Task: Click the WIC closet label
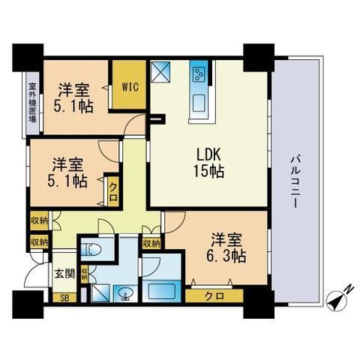pos(130,87)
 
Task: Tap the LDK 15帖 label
pos(208,163)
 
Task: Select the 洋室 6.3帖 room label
pos(226,248)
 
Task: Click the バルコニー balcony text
pos(295,181)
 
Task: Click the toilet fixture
pos(92,249)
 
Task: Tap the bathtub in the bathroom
pos(161,291)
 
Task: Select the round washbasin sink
pos(125,292)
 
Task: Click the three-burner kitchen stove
pos(199,73)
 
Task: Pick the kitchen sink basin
pos(199,103)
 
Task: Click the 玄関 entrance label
pos(64,274)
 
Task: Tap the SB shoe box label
pos(64,298)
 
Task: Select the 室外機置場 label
pos(32,103)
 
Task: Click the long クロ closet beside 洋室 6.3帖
pos(214,296)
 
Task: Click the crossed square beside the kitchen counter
pos(160,71)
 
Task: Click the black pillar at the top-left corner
pos(28,58)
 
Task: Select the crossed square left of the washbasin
pos(101,293)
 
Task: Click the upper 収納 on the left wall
pos(40,220)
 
